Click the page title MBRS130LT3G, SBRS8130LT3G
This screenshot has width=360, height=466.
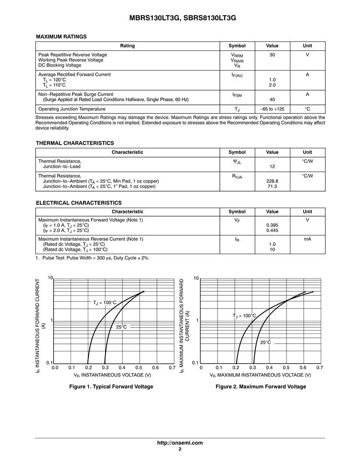click(180, 18)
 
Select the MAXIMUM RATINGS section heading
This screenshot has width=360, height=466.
click(61, 37)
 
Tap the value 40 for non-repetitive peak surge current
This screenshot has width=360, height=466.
click(272, 99)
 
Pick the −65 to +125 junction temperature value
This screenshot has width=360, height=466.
click(272, 109)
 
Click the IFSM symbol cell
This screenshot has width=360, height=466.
click(237, 95)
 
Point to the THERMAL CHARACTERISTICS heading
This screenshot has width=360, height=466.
click(75, 143)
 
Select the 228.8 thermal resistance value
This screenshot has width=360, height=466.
click(272, 181)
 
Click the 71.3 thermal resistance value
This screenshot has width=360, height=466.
click(272, 186)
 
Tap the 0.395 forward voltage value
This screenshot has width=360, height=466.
click(272, 225)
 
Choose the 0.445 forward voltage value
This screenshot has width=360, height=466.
click(272, 230)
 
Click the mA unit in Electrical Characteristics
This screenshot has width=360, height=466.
click(307, 239)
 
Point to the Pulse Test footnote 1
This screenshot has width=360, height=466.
click(93, 258)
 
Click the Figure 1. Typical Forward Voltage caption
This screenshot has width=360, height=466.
click(111, 387)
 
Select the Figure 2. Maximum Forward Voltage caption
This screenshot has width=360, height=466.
click(261, 387)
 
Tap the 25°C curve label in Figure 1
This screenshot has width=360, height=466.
click(121, 327)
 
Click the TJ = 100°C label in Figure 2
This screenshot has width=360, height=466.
click(244, 316)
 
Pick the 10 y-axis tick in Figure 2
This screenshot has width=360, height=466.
click(196, 279)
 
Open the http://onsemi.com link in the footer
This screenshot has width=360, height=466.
click(180, 443)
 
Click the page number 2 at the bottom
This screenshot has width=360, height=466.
click(180, 449)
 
